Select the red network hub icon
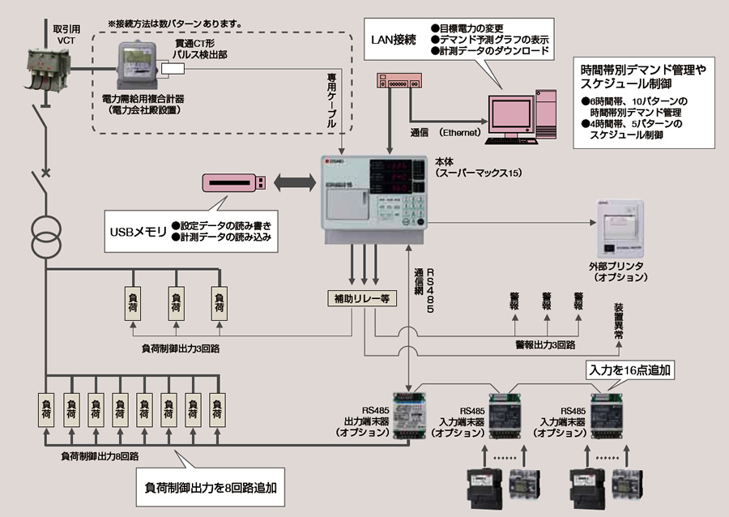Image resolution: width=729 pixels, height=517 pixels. (x=399, y=81)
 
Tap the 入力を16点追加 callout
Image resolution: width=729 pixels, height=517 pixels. (x=630, y=370)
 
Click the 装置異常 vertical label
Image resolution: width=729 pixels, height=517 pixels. (x=620, y=320)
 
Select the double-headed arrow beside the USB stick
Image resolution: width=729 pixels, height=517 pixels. (x=292, y=184)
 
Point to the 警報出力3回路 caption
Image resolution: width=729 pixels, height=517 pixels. (x=545, y=344)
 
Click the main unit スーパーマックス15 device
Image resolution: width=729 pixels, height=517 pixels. (x=373, y=199)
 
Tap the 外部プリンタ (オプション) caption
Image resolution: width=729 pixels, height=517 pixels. (x=619, y=271)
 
